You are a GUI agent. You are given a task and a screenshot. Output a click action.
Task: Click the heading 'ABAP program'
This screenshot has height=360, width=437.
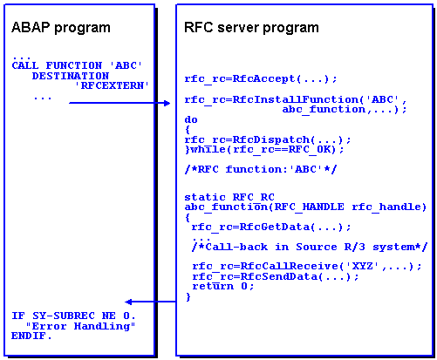coord(61,28)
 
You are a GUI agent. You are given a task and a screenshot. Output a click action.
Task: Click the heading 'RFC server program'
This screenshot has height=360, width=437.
coord(251,28)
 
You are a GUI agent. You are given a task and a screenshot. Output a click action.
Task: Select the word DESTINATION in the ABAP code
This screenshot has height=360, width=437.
coord(71,76)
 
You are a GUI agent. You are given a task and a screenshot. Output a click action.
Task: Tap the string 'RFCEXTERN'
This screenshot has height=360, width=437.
coord(112,85)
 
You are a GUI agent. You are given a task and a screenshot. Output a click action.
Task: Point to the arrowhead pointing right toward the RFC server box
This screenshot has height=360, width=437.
coord(167,103)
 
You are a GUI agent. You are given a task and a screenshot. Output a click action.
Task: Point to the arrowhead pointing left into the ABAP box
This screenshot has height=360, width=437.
coord(128,302)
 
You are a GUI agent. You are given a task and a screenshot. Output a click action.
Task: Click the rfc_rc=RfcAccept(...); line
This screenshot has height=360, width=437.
coord(261,78)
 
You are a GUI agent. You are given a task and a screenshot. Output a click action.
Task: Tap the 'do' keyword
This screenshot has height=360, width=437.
coord(191,119)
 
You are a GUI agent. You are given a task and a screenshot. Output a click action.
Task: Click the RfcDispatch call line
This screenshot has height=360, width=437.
coord(268,139)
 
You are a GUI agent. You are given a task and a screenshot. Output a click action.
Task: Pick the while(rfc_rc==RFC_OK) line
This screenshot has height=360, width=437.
coord(264,150)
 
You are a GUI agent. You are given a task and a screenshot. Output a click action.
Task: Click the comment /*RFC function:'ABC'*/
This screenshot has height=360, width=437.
coord(261,169)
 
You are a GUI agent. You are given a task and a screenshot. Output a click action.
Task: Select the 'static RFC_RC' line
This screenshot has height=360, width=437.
coord(229,197)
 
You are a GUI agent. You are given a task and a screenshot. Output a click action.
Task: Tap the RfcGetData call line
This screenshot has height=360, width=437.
coord(271,227)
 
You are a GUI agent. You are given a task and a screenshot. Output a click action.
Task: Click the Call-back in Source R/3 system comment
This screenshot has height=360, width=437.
coord(310,247)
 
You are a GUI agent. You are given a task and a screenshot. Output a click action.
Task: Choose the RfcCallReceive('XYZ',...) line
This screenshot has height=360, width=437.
coord(307,267)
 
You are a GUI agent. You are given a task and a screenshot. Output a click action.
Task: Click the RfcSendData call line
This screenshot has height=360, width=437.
coord(276,276)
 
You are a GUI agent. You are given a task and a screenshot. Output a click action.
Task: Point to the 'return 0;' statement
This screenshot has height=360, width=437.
coord(223,287)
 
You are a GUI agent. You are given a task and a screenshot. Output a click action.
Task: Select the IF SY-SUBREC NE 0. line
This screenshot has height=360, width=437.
coord(73,316)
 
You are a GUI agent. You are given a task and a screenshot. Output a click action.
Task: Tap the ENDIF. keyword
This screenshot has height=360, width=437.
coord(31,336)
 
